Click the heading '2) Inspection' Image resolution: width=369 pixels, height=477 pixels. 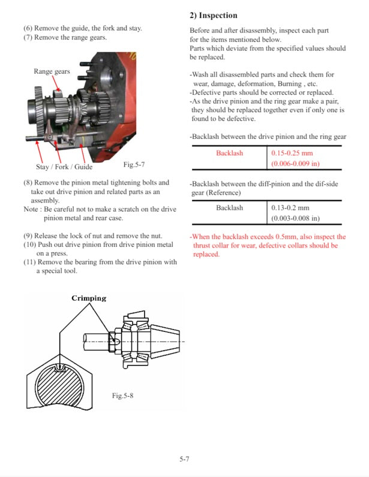(x=213, y=16)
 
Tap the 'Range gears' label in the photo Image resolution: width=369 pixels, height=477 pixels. (x=52, y=72)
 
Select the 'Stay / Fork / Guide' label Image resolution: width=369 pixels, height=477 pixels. (x=64, y=167)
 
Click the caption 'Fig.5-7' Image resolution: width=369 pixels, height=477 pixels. (x=134, y=164)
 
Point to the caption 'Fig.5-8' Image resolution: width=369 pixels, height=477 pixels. (x=122, y=396)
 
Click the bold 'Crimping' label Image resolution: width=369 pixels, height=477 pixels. (x=89, y=298)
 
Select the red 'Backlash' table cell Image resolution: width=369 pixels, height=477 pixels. (x=229, y=153)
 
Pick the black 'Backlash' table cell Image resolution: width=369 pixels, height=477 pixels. (x=229, y=208)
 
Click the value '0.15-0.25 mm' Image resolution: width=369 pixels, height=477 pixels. (x=292, y=153)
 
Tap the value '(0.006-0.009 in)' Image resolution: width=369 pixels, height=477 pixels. (x=296, y=164)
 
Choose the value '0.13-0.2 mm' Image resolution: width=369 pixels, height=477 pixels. (x=290, y=208)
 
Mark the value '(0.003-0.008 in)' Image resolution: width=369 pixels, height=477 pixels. (x=296, y=218)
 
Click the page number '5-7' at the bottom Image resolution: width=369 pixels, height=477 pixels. (x=184, y=460)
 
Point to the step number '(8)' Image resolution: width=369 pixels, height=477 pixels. (x=28, y=182)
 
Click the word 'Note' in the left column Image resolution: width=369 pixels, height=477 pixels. (x=31, y=209)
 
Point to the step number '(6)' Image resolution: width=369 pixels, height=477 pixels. (x=28, y=28)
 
